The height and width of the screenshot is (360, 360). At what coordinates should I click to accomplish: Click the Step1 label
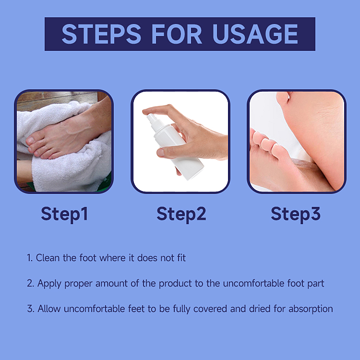tap(64, 214)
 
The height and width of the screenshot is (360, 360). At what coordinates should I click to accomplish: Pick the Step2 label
tap(181, 214)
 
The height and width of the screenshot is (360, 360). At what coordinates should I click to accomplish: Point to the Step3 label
tap(296, 214)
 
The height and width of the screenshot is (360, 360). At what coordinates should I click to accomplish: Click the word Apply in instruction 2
tap(49, 283)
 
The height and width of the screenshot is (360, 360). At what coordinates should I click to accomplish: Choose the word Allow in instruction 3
tap(49, 308)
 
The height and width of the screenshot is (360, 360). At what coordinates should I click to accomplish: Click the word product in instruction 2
tap(177, 283)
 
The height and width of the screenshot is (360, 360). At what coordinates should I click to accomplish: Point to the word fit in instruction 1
tap(181, 258)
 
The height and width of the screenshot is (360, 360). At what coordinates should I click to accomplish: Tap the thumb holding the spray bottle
tap(169, 152)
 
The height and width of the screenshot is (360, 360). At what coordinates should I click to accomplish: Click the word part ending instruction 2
tap(315, 283)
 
